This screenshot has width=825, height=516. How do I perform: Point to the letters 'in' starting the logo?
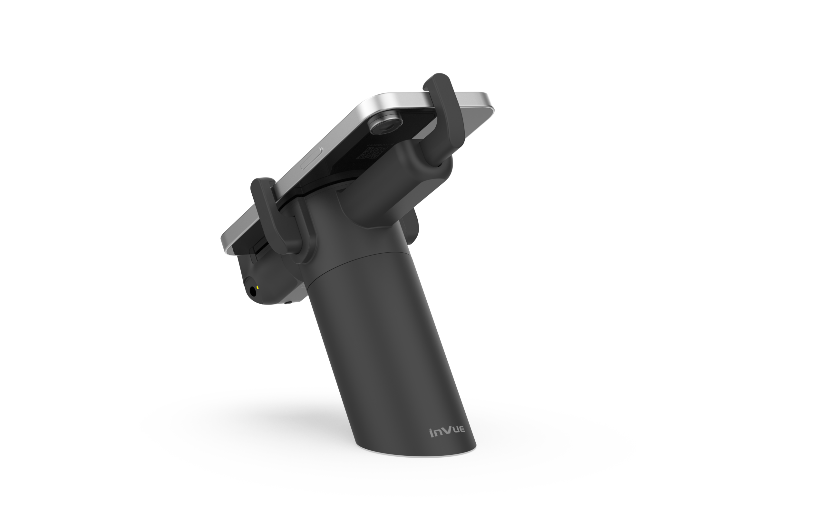point(435,433)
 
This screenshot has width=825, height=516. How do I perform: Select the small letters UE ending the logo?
point(459,430)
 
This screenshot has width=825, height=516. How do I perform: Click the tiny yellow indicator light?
point(257,287)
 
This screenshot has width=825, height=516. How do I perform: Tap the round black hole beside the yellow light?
point(253,291)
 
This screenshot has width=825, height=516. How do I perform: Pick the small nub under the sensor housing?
point(288,302)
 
